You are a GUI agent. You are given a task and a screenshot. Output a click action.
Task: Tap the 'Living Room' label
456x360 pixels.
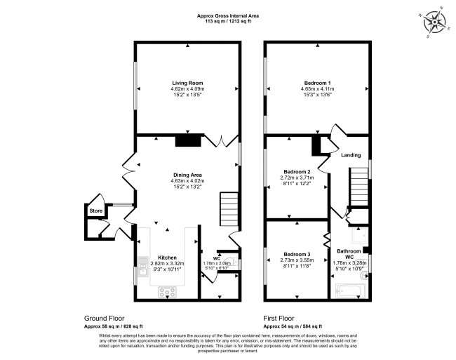coord(187,83)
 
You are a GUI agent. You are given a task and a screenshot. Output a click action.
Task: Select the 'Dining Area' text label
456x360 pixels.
coord(187,175)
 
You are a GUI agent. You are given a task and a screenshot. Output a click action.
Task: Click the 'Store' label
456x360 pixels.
coord(94,209)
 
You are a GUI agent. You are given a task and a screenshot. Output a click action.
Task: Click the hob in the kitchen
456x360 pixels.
coord(169,291)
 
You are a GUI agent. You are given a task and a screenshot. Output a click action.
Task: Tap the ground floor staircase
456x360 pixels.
coord(231,209)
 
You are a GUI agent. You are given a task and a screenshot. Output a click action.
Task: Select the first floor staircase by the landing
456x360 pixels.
coord(359,185)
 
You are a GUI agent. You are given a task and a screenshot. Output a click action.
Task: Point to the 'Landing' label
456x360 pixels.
coord(351,155)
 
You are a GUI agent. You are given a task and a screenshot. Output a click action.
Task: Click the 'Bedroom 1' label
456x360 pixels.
coord(318,83)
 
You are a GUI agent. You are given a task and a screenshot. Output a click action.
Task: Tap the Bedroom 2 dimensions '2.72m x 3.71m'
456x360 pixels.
coord(297,178)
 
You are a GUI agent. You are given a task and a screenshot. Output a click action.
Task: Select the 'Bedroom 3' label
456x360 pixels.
coord(297,253)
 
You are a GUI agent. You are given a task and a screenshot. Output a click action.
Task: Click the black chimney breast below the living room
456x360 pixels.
coord(188,141)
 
